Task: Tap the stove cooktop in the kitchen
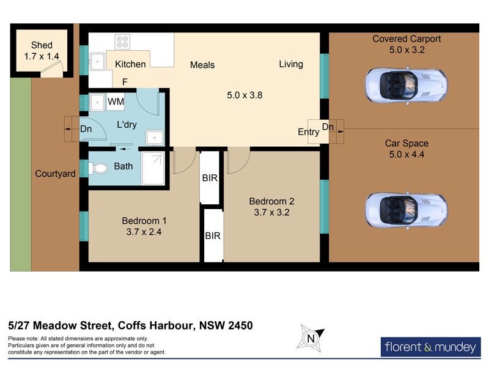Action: pyautogui.click(x=122, y=42)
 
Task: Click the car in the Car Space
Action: pyautogui.click(x=406, y=210)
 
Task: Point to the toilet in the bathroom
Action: pyautogui.click(x=97, y=168)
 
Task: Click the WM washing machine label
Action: pyautogui.click(x=116, y=102)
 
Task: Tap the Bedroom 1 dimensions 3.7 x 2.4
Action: pyautogui.click(x=144, y=232)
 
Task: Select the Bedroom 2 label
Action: pyautogui.click(x=272, y=201)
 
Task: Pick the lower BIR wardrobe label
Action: pyautogui.click(x=213, y=235)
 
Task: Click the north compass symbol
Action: pyautogui.click(x=311, y=338)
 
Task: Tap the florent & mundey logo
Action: pyautogui.click(x=430, y=347)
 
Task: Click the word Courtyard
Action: pyautogui.click(x=55, y=174)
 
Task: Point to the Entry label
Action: pyautogui.click(x=308, y=132)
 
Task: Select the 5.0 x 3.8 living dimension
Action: pyautogui.click(x=244, y=95)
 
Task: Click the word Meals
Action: pyautogui.click(x=202, y=65)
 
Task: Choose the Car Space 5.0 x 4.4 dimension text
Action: pyautogui.click(x=406, y=155)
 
